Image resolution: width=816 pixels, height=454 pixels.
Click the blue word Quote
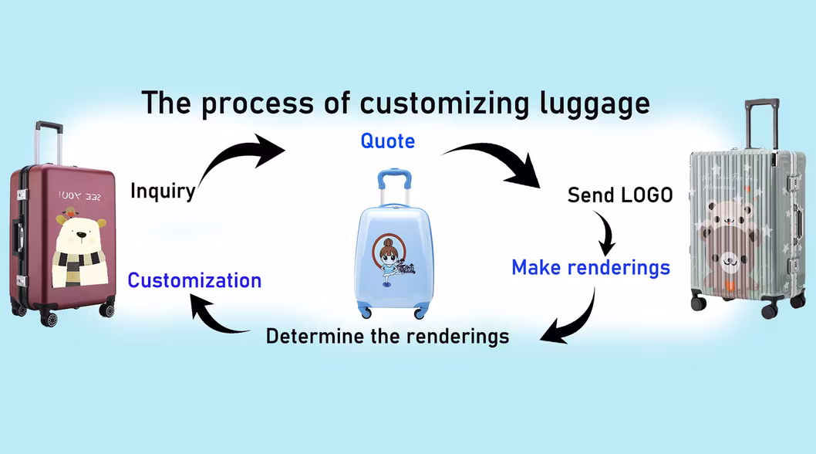pos(387,141)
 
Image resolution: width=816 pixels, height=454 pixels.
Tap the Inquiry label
pos(162,190)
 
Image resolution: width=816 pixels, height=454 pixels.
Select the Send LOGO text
pos(620,195)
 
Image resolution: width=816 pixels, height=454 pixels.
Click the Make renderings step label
pos(591,267)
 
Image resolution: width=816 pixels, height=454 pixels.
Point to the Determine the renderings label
pos(387,336)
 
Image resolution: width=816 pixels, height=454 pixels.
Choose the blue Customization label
pos(194,280)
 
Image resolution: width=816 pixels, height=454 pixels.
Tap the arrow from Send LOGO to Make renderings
pos(607,233)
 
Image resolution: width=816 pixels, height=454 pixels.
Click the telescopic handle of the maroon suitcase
pos(48,143)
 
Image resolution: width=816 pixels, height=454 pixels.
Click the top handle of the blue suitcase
pos(393,174)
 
